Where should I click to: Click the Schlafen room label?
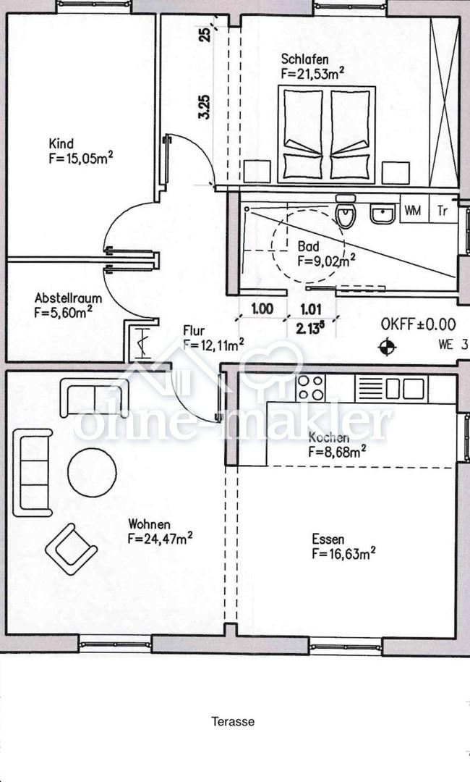[304, 59]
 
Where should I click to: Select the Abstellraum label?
[68, 298]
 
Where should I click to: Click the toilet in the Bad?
[346, 211]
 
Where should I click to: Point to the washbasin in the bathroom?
[383, 214]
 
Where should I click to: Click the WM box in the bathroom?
[413, 211]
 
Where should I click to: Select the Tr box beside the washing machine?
[443, 211]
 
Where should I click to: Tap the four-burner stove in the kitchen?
[310, 388]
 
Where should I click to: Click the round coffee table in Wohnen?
[92, 473]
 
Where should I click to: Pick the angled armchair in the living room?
[71, 549]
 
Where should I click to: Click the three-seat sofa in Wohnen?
[33, 472]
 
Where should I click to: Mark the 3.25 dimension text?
[205, 106]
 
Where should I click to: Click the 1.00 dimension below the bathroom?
[262, 308]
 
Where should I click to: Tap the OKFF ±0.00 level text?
[418, 324]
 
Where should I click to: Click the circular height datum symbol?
[387, 346]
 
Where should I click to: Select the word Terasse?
[233, 721]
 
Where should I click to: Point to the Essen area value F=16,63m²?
[343, 554]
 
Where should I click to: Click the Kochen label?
[328, 437]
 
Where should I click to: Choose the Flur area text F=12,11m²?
[213, 344]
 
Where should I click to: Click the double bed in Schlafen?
[327, 135]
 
